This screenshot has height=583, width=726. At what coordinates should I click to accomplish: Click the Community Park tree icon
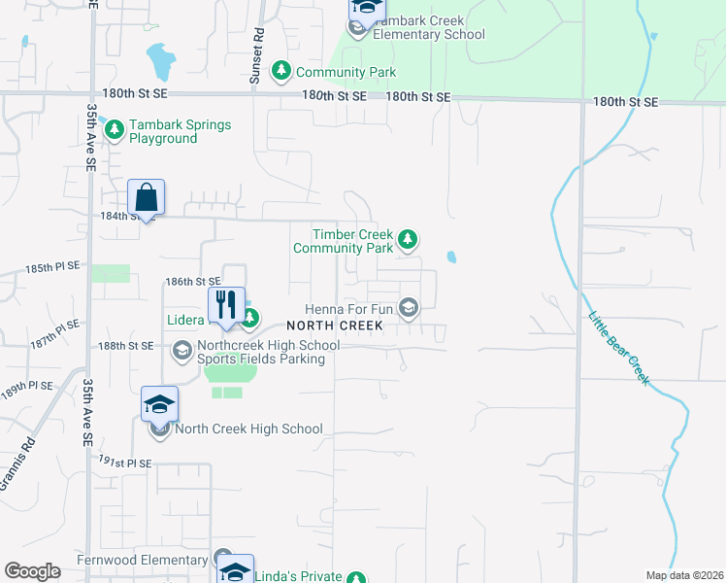point(281,71)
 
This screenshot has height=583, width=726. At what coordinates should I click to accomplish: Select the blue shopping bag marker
point(146,197)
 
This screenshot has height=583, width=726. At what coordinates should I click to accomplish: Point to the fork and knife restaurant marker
point(225,305)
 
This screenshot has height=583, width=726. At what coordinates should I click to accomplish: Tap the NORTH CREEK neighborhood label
point(335,326)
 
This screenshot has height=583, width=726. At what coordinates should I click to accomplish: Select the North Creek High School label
point(248,429)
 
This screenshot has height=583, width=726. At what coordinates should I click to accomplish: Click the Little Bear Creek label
point(617,346)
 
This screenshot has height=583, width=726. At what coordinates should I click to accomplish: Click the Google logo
point(32,571)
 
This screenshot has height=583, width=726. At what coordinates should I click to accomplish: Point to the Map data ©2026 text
point(683,575)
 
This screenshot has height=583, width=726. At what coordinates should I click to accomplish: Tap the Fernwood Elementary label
point(143,561)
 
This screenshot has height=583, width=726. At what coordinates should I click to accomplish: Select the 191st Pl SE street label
point(126,463)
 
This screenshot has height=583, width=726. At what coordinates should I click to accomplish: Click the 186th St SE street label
point(186,281)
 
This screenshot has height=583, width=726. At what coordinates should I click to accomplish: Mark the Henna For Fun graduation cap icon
point(410,309)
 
